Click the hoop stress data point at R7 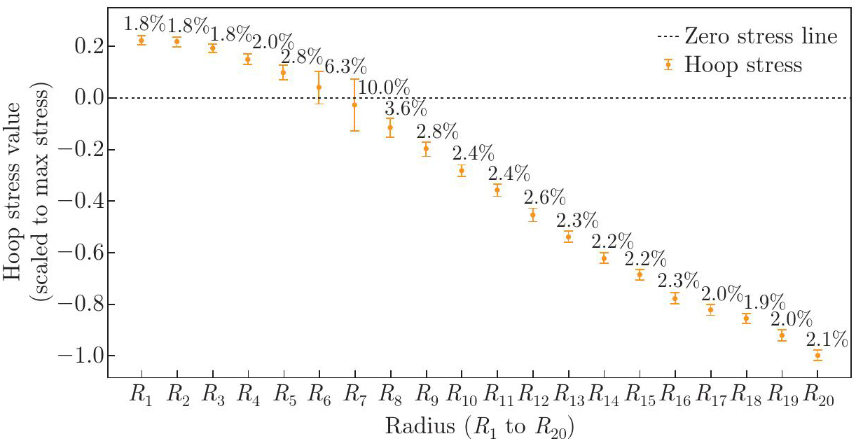[354, 104]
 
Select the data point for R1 [141, 40]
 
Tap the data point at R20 [817, 356]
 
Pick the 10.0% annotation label [383, 88]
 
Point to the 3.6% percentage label [406, 109]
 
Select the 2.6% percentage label [544, 197]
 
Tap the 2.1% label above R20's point [827, 339]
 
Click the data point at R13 [568, 237]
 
